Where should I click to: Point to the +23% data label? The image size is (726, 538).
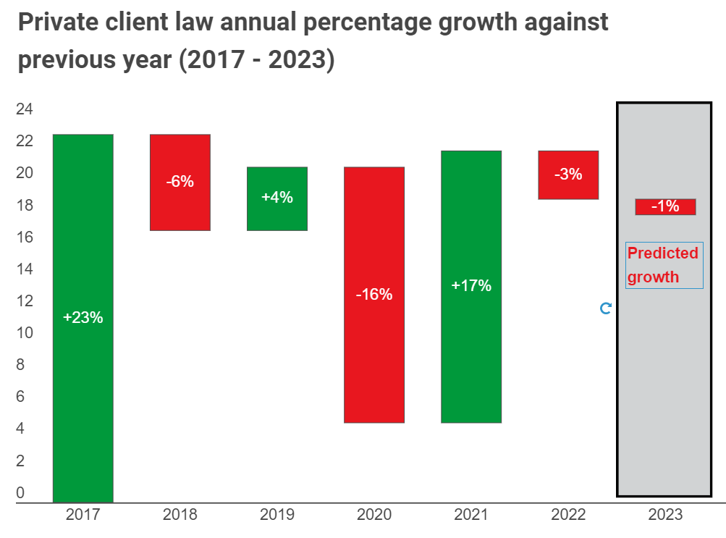click(x=83, y=317)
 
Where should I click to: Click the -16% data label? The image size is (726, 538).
click(x=374, y=295)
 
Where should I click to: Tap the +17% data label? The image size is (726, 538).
click(x=471, y=285)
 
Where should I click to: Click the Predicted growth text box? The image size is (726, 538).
click(x=664, y=265)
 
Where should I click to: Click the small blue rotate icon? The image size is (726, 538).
click(x=606, y=308)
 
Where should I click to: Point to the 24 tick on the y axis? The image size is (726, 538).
click(x=25, y=109)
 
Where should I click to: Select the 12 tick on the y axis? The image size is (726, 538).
click(x=25, y=301)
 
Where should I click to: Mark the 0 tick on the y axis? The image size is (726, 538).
click(x=20, y=493)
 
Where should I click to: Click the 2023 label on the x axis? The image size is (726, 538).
click(x=665, y=515)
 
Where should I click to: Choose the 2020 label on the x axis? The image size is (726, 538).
click(x=374, y=515)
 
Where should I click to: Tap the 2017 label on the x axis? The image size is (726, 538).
click(x=83, y=515)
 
